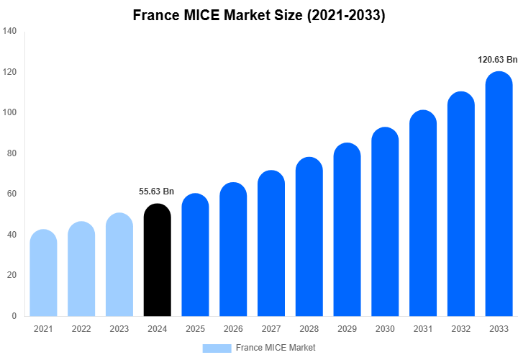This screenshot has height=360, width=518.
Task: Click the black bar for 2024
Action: [x=158, y=261]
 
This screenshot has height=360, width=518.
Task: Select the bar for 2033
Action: [x=499, y=194]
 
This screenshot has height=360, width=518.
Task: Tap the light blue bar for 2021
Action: [x=43, y=274]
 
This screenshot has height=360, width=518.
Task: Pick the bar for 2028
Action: [x=309, y=238]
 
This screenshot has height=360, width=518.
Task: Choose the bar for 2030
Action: [x=385, y=222]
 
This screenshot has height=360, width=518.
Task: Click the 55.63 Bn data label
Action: [x=156, y=192]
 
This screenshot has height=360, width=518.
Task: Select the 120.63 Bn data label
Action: [x=497, y=60]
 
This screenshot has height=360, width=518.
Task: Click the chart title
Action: [x=259, y=15]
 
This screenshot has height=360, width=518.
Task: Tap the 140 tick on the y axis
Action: [x=10, y=32]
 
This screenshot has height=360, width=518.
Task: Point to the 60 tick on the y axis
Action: [x=12, y=194]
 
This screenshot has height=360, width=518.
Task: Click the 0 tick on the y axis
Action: [x=14, y=316]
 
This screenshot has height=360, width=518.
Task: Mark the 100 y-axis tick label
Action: [x=10, y=113]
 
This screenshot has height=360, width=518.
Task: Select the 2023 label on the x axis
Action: [x=119, y=329]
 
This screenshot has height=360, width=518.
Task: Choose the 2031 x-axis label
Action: [x=423, y=329]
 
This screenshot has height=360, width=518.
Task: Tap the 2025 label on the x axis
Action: [x=195, y=329]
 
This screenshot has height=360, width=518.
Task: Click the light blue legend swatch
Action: [x=217, y=348]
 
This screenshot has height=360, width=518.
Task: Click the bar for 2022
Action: [x=81, y=269]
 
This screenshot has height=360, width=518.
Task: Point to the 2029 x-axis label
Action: [x=347, y=329]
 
